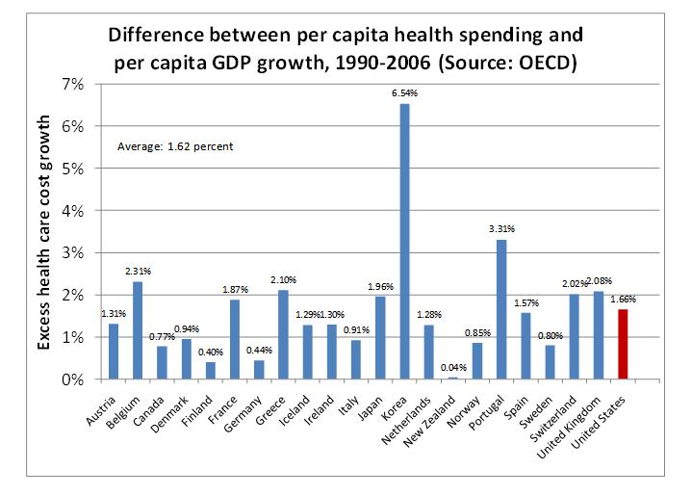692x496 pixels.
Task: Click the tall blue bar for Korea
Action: pyautogui.click(x=404, y=241)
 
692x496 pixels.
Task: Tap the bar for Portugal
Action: pyautogui.click(x=501, y=309)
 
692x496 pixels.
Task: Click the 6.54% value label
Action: pyautogui.click(x=405, y=92)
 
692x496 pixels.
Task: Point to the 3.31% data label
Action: pyautogui.click(x=501, y=229)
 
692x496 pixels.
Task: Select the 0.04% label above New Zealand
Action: pyautogui.click(x=453, y=368)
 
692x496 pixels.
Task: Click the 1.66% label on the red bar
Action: pyautogui.click(x=623, y=300)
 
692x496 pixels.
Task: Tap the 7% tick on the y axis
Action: pyautogui.click(x=73, y=84)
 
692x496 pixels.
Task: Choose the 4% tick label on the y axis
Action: pyautogui.click(x=73, y=210)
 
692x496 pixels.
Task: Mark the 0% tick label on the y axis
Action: pyautogui.click(x=73, y=379)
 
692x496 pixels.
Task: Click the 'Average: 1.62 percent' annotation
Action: pyautogui.click(x=175, y=146)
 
